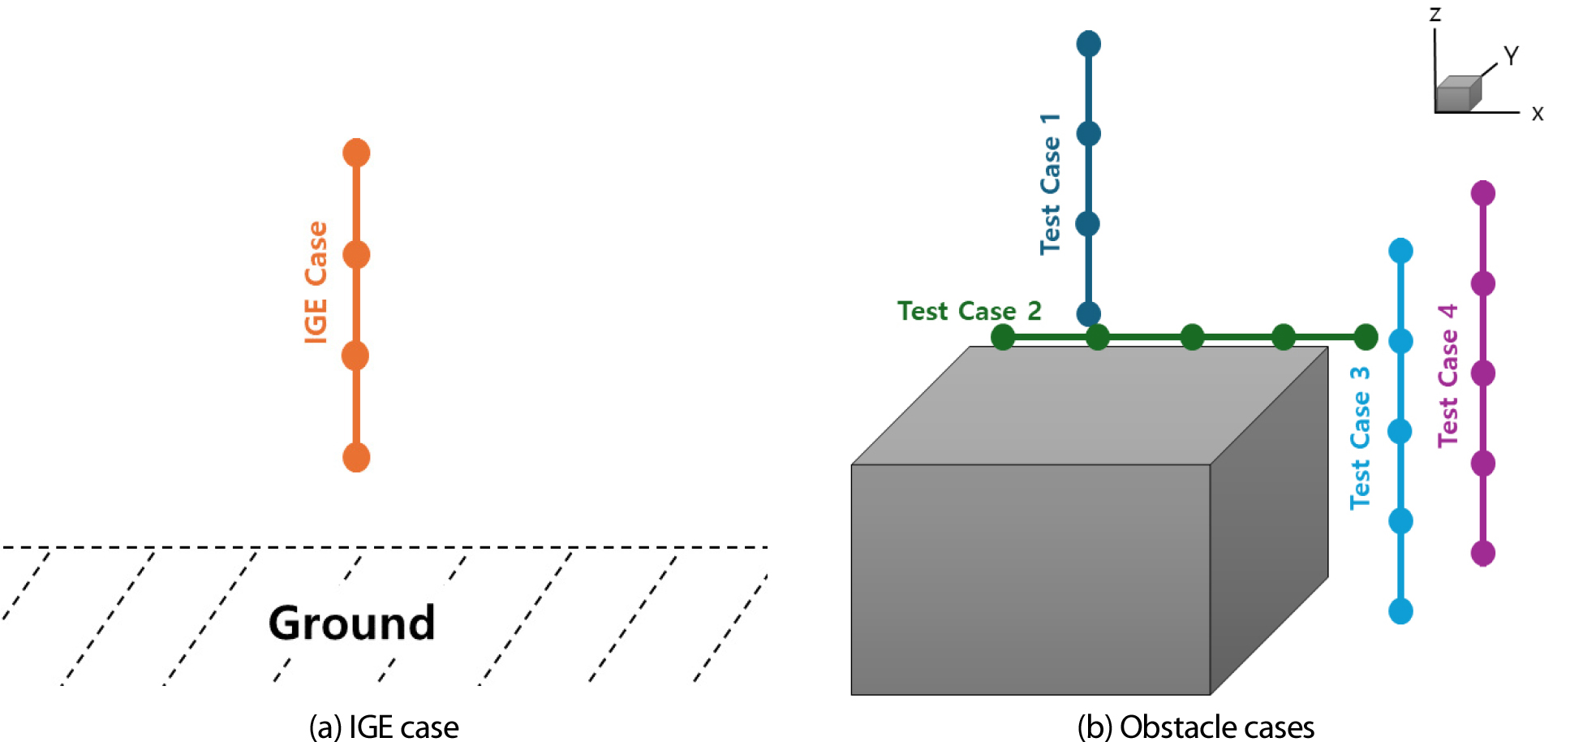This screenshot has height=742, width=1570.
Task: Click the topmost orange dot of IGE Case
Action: (356, 153)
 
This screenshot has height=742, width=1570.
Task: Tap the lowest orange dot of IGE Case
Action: (356, 457)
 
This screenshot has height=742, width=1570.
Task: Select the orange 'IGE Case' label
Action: (316, 283)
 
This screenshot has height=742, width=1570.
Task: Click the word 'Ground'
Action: (351, 623)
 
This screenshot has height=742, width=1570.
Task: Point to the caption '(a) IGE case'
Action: (384, 727)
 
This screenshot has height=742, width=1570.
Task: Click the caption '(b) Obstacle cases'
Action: (1195, 727)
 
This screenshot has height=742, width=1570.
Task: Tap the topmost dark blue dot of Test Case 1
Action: (1088, 44)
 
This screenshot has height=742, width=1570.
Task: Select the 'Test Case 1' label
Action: (1050, 184)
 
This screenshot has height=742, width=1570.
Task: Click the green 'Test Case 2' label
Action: (969, 311)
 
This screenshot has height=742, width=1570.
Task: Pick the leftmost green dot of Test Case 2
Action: (1003, 336)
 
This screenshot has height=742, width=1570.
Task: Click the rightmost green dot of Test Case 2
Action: (1366, 336)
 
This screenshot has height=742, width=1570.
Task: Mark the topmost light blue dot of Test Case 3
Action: (1400, 251)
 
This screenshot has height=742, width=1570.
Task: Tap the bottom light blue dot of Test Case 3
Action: (1400, 610)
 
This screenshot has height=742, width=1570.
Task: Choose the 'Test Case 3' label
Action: (1360, 438)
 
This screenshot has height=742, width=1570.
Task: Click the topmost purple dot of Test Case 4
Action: (1483, 193)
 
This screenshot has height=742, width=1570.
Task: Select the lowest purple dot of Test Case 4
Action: (1483, 554)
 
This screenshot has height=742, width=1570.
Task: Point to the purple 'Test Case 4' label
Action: (1448, 375)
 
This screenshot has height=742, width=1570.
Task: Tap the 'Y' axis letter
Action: (1510, 56)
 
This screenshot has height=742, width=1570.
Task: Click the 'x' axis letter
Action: (1537, 114)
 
